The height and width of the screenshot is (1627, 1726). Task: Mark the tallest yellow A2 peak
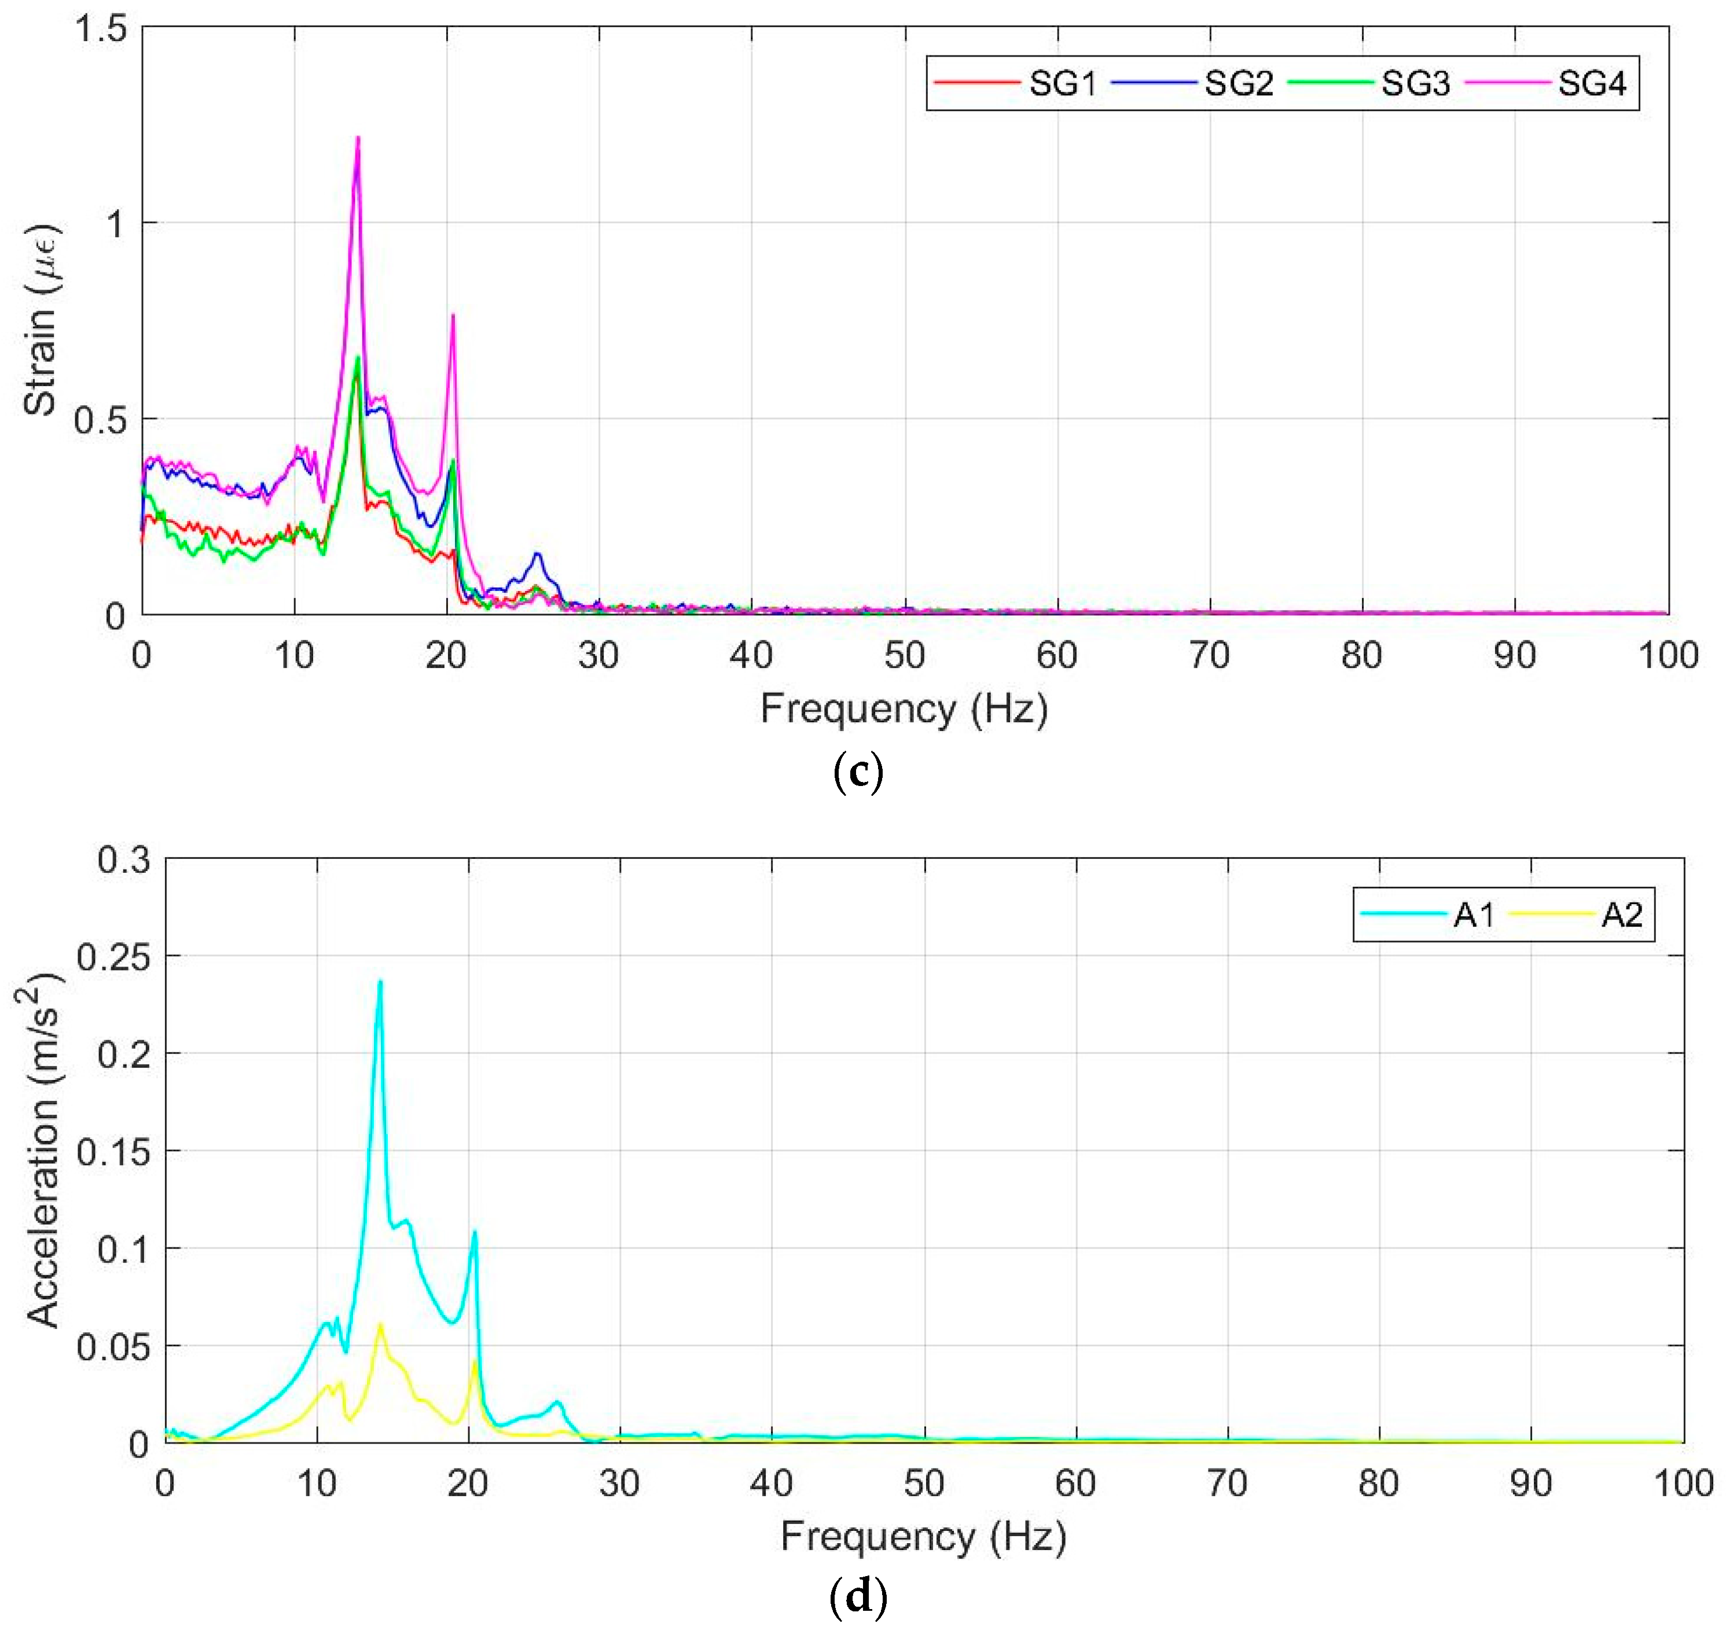click(380, 1325)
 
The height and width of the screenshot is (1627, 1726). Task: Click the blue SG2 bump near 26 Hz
click(537, 554)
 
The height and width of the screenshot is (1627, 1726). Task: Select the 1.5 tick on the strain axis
click(102, 30)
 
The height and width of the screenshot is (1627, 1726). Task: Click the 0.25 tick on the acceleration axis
click(113, 957)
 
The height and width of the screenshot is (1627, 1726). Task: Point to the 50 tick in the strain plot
click(904, 655)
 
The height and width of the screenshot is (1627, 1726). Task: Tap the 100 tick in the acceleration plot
click(1683, 1483)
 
